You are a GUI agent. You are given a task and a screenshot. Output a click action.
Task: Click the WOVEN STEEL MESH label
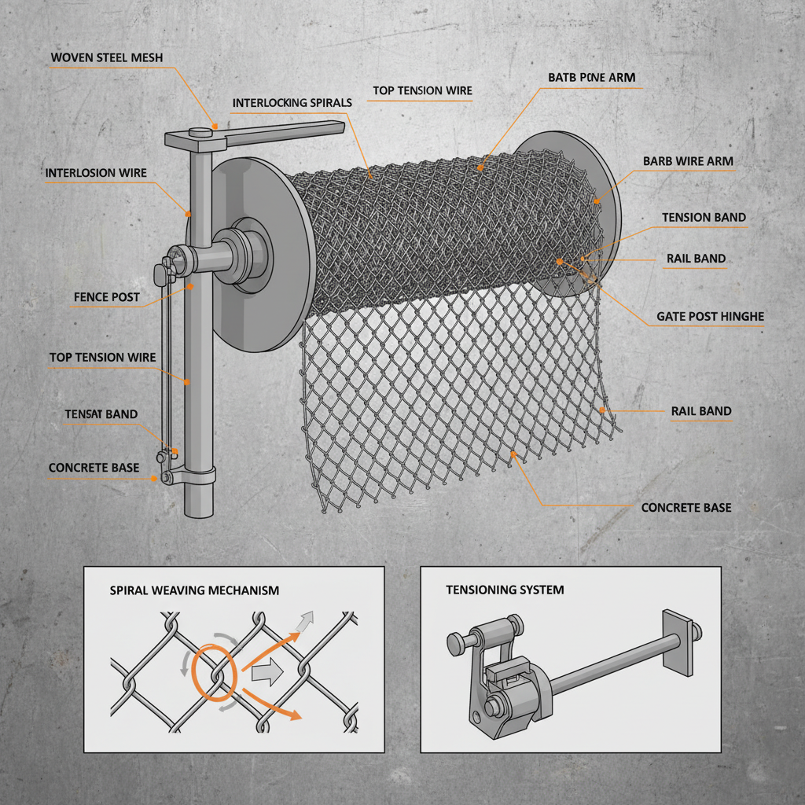[107, 58]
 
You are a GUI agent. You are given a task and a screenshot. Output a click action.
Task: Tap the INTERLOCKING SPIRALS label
[292, 103]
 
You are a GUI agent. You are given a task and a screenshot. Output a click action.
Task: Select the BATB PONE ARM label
[591, 78]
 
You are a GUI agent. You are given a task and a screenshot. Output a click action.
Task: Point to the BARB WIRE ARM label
[688, 161]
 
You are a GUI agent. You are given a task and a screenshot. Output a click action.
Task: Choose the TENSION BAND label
[704, 217]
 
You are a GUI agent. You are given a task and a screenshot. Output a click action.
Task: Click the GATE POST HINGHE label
[710, 317]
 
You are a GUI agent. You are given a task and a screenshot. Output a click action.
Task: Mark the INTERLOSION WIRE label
[96, 173]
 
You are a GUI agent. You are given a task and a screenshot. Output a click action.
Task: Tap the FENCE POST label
[106, 297]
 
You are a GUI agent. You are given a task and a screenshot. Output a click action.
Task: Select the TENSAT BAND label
[101, 414]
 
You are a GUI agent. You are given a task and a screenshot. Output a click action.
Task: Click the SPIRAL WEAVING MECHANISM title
[194, 590]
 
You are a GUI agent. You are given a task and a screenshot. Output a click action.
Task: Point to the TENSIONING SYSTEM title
[505, 590]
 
